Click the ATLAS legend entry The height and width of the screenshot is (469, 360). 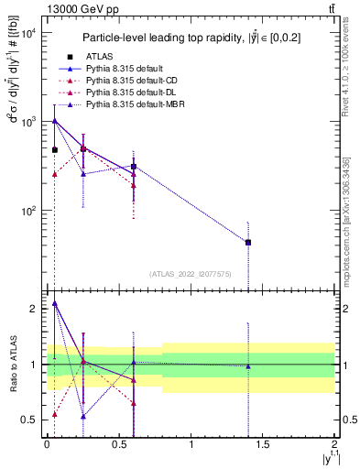click(x=101, y=57)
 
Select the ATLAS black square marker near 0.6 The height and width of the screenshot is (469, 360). click(x=134, y=167)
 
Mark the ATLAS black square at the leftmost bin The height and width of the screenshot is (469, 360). click(x=55, y=150)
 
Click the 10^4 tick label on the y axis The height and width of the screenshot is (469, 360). click(x=27, y=33)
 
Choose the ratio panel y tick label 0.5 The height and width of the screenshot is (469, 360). click(x=29, y=420)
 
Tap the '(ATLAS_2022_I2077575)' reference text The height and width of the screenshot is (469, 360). click(x=191, y=273)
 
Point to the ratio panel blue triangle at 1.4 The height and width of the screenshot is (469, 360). click(x=248, y=366)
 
